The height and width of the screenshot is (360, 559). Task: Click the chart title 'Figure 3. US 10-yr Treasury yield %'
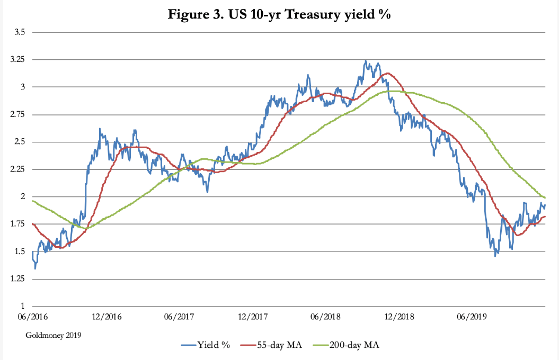click(x=279, y=14)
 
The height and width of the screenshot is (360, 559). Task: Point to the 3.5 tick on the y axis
click(x=20, y=32)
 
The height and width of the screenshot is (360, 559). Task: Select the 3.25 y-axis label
click(x=17, y=60)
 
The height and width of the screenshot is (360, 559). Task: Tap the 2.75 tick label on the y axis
click(x=17, y=114)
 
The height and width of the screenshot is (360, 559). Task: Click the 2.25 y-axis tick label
click(x=17, y=169)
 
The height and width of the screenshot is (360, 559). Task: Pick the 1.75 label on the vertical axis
click(x=17, y=224)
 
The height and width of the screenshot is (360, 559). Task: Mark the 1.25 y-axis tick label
click(x=17, y=279)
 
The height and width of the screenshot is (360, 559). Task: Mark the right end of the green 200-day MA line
click(x=545, y=197)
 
